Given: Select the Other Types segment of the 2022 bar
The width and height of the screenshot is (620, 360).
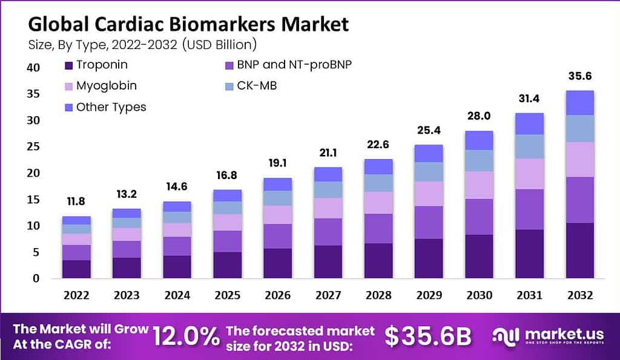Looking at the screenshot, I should [x=76, y=220].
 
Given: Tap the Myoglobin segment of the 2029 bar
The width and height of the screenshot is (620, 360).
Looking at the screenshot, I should [x=429, y=194].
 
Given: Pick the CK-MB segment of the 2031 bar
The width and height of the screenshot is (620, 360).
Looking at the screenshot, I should [x=529, y=146].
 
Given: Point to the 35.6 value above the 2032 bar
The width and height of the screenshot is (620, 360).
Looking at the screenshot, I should [x=579, y=76].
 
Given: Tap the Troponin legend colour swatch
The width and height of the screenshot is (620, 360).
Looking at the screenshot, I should [x=68, y=65].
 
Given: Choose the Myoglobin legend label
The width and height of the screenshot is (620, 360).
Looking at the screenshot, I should [x=107, y=86].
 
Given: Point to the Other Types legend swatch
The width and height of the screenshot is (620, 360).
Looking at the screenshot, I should [x=68, y=107].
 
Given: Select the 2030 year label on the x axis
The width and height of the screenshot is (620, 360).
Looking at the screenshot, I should [x=480, y=295].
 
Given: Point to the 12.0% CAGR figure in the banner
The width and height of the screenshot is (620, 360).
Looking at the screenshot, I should [x=185, y=336].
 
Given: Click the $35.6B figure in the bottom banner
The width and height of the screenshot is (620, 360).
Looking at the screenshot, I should [x=428, y=336].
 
